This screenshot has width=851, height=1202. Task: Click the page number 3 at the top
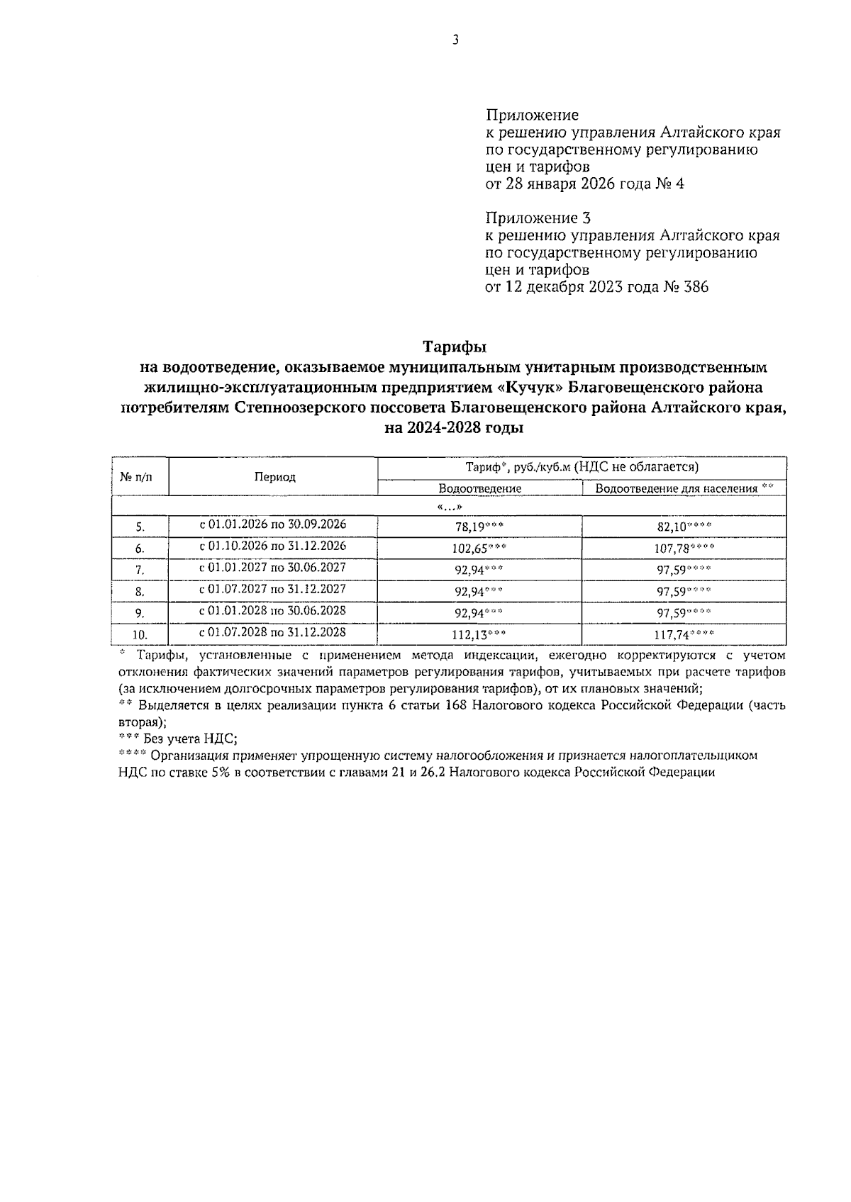tap(455, 40)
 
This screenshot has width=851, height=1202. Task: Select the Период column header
tap(274, 477)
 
